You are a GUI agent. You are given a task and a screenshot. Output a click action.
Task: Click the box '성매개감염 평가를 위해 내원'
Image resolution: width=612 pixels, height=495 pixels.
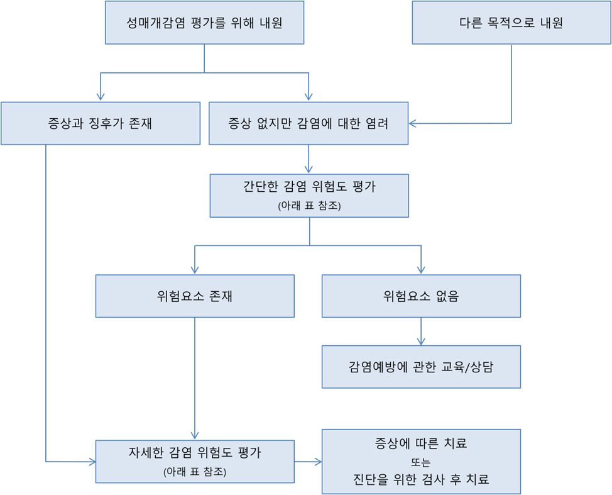tap(204, 23)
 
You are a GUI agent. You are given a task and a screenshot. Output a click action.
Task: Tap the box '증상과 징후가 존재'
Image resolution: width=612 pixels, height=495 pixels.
tap(100, 123)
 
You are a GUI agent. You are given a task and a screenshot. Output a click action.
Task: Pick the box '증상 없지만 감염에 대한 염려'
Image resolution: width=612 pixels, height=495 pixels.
tap(308, 123)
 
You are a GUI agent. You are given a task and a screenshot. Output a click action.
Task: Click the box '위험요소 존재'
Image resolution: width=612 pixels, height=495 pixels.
tap(195, 296)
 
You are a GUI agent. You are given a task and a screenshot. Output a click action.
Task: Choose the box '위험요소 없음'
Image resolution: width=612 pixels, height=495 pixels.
tap(421, 296)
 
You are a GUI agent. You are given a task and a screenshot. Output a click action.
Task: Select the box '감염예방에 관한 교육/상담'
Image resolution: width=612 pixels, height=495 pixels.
tap(421, 367)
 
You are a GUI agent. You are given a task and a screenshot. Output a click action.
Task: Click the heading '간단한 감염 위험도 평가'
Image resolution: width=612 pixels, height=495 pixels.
tap(309, 187)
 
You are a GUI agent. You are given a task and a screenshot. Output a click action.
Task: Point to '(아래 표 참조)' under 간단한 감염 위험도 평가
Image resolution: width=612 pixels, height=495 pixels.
tap(309, 206)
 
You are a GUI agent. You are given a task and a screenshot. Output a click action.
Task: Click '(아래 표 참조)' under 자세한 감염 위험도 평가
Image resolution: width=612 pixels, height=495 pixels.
tap(195, 471)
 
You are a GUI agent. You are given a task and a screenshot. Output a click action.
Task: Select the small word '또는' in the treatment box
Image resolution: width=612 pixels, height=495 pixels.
tap(421, 461)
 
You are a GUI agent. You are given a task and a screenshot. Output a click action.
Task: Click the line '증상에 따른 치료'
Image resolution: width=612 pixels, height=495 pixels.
tap(421, 443)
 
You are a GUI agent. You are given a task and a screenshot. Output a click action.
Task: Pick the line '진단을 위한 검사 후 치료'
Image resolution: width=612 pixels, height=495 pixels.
tap(421, 479)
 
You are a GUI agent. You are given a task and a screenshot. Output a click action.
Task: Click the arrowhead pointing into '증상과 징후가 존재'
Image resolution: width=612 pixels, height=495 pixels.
tap(100, 97)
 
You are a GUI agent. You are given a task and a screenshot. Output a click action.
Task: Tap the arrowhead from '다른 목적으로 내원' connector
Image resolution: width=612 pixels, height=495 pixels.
tap(413, 123)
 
